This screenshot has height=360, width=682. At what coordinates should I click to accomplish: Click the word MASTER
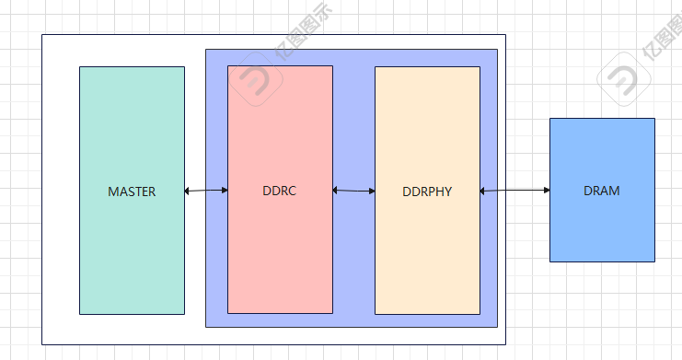132,192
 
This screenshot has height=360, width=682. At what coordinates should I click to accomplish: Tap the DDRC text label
279,192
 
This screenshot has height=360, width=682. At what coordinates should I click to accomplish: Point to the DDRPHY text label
427,192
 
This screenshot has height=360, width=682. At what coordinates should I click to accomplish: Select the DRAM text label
601,191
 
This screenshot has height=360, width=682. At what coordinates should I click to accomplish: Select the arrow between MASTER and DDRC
206,191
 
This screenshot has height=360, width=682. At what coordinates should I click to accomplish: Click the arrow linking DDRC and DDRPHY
353,191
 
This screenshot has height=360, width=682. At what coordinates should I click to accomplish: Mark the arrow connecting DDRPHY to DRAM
514,191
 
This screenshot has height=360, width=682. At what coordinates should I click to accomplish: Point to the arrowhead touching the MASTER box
188,191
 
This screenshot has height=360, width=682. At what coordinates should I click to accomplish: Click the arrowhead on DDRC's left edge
225,190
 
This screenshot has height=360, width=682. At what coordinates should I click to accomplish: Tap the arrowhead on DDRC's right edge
336,191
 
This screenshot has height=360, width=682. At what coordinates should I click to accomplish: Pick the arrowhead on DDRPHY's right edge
483,191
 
